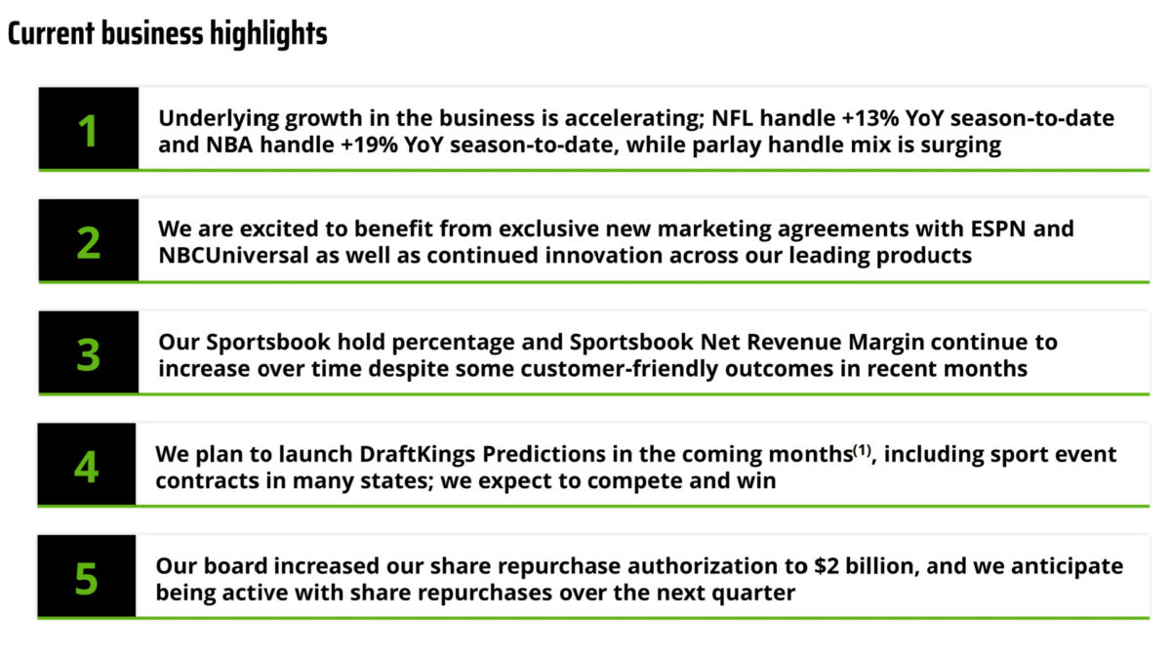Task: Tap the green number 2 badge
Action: pos(89,242)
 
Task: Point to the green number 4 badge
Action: pos(87,467)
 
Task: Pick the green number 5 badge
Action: pos(87,578)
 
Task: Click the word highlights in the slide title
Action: pos(267,34)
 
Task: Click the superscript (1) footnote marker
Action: pos(862,449)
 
